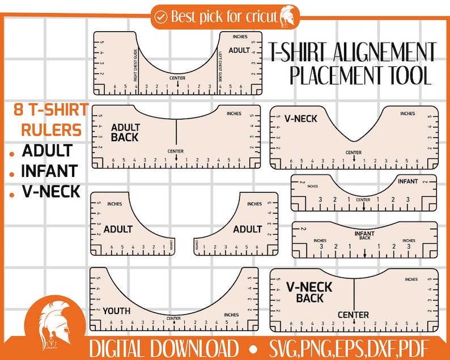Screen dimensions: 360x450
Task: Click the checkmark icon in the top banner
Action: (x=162, y=17)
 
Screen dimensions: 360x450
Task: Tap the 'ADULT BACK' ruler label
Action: (x=125, y=132)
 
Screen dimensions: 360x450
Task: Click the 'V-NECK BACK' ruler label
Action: (x=309, y=292)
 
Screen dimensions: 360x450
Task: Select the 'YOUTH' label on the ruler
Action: (x=116, y=311)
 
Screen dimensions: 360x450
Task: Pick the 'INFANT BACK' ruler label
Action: (x=365, y=235)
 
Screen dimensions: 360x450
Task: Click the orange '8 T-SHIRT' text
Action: (x=50, y=109)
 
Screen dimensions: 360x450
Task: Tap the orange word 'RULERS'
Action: (x=51, y=130)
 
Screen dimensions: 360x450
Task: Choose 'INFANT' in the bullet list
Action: (x=49, y=170)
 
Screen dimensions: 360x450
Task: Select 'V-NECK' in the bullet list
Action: (x=51, y=190)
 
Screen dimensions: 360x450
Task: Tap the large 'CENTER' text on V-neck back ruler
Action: (x=353, y=315)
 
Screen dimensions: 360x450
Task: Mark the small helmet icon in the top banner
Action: (x=286, y=16)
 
